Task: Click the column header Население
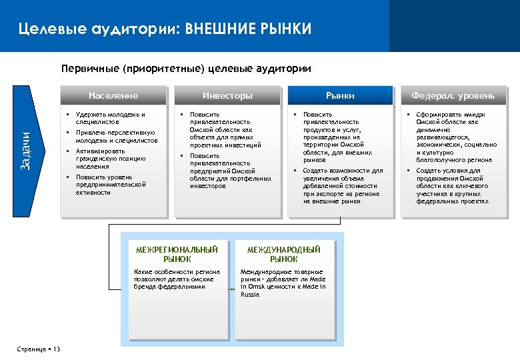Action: [113, 95]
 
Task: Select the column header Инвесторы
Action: [227, 95]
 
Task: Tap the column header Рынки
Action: [340, 96]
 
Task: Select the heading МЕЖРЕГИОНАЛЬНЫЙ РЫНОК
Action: [177, 254]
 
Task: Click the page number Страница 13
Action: [38, 349]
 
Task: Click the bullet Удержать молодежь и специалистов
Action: [109, 119]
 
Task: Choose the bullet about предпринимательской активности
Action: [109, 185]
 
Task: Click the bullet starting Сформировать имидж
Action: [456, 137]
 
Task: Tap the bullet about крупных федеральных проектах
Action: [456, 186]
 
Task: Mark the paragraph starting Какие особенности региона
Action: [177, 279]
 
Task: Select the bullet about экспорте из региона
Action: [342, 186]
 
